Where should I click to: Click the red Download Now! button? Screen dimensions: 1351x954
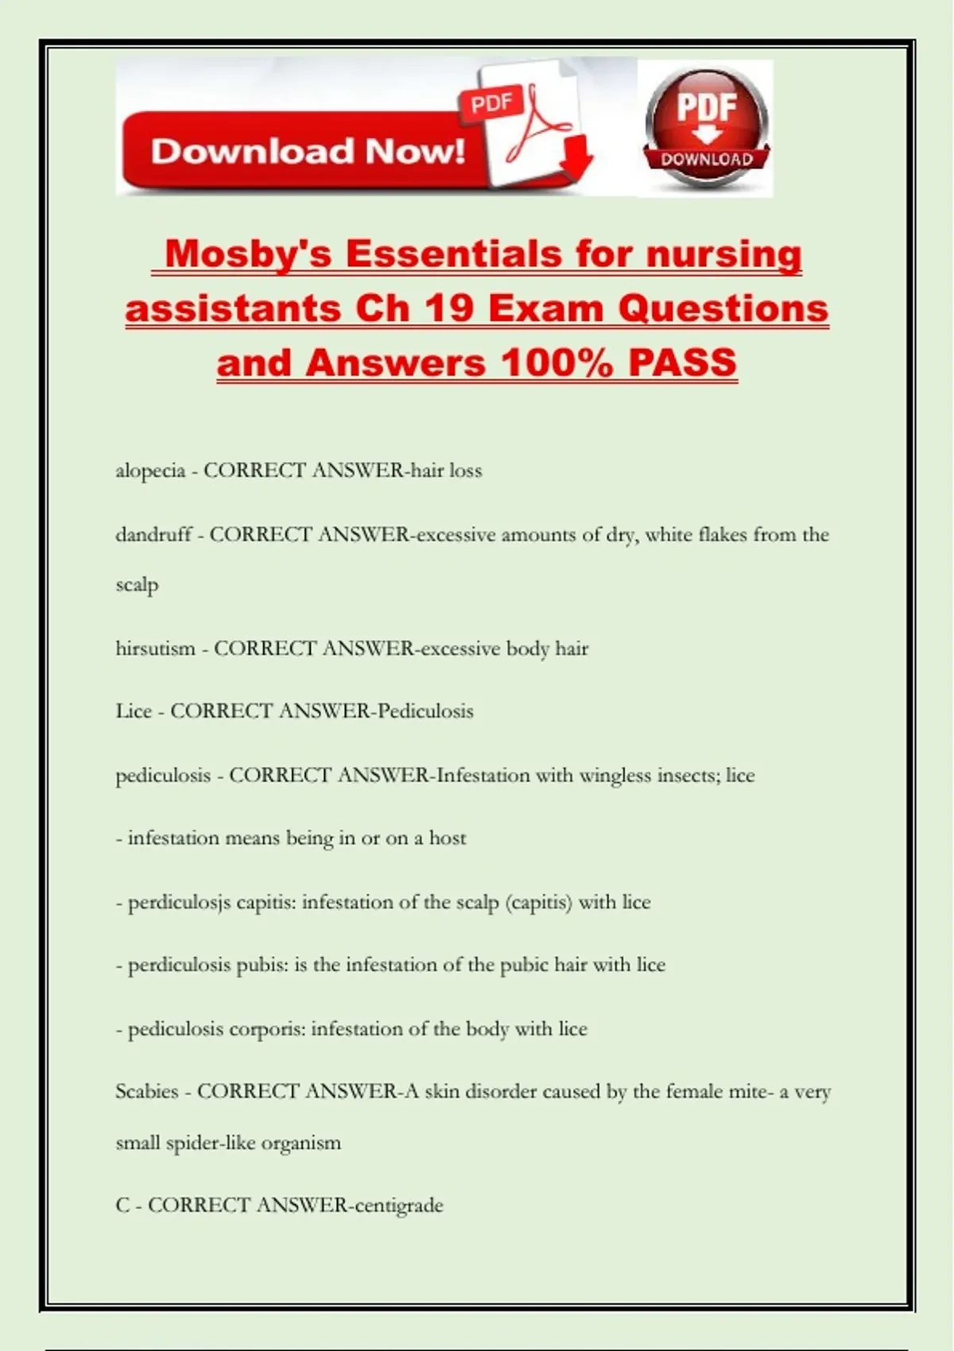coord(308,151)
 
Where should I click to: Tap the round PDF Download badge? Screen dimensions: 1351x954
coord(706,127)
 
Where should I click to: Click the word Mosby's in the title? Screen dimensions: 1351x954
coord(247,255)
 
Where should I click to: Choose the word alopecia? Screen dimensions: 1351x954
coord(150,471)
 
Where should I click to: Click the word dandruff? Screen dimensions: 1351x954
coord(153,535)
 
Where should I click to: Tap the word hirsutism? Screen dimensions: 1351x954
coord(155,648)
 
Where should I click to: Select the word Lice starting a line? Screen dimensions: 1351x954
coord(133,711)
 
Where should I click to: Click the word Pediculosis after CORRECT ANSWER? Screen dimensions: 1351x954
coord(425,711)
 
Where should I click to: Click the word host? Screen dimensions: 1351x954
coord(448,838)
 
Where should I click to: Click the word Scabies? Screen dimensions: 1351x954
coord(146,1092)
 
